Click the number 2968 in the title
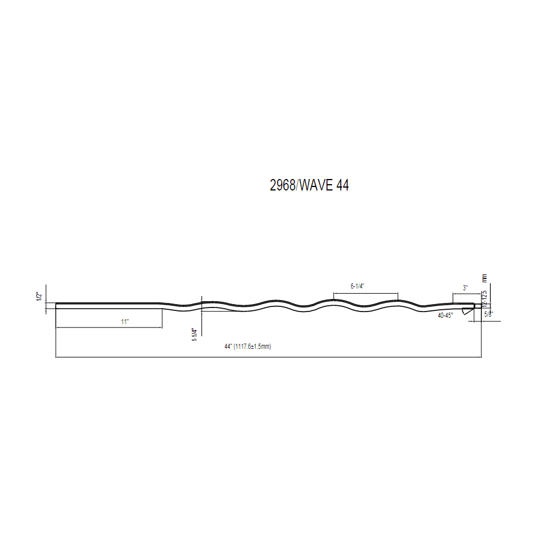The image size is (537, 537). [282, 185]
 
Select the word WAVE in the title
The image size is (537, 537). [315, 185]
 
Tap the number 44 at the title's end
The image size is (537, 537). [343, 185]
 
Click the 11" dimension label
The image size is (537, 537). [125, 322]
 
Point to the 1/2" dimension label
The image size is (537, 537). [39, 297]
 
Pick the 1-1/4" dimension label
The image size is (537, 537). [195, 334]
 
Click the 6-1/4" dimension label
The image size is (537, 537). [357, 285]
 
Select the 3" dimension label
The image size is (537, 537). [465, 287]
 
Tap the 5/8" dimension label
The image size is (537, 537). [488, 314]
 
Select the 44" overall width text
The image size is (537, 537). [228, 347]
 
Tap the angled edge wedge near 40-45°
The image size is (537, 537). [466, 310]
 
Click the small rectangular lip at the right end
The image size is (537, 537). [477, 305]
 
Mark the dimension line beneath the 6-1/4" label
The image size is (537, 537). [365, 293]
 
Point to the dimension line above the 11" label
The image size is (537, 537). [109, 328]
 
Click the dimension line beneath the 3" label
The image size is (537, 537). [467, 294]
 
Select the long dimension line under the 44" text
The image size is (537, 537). [268, 357]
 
